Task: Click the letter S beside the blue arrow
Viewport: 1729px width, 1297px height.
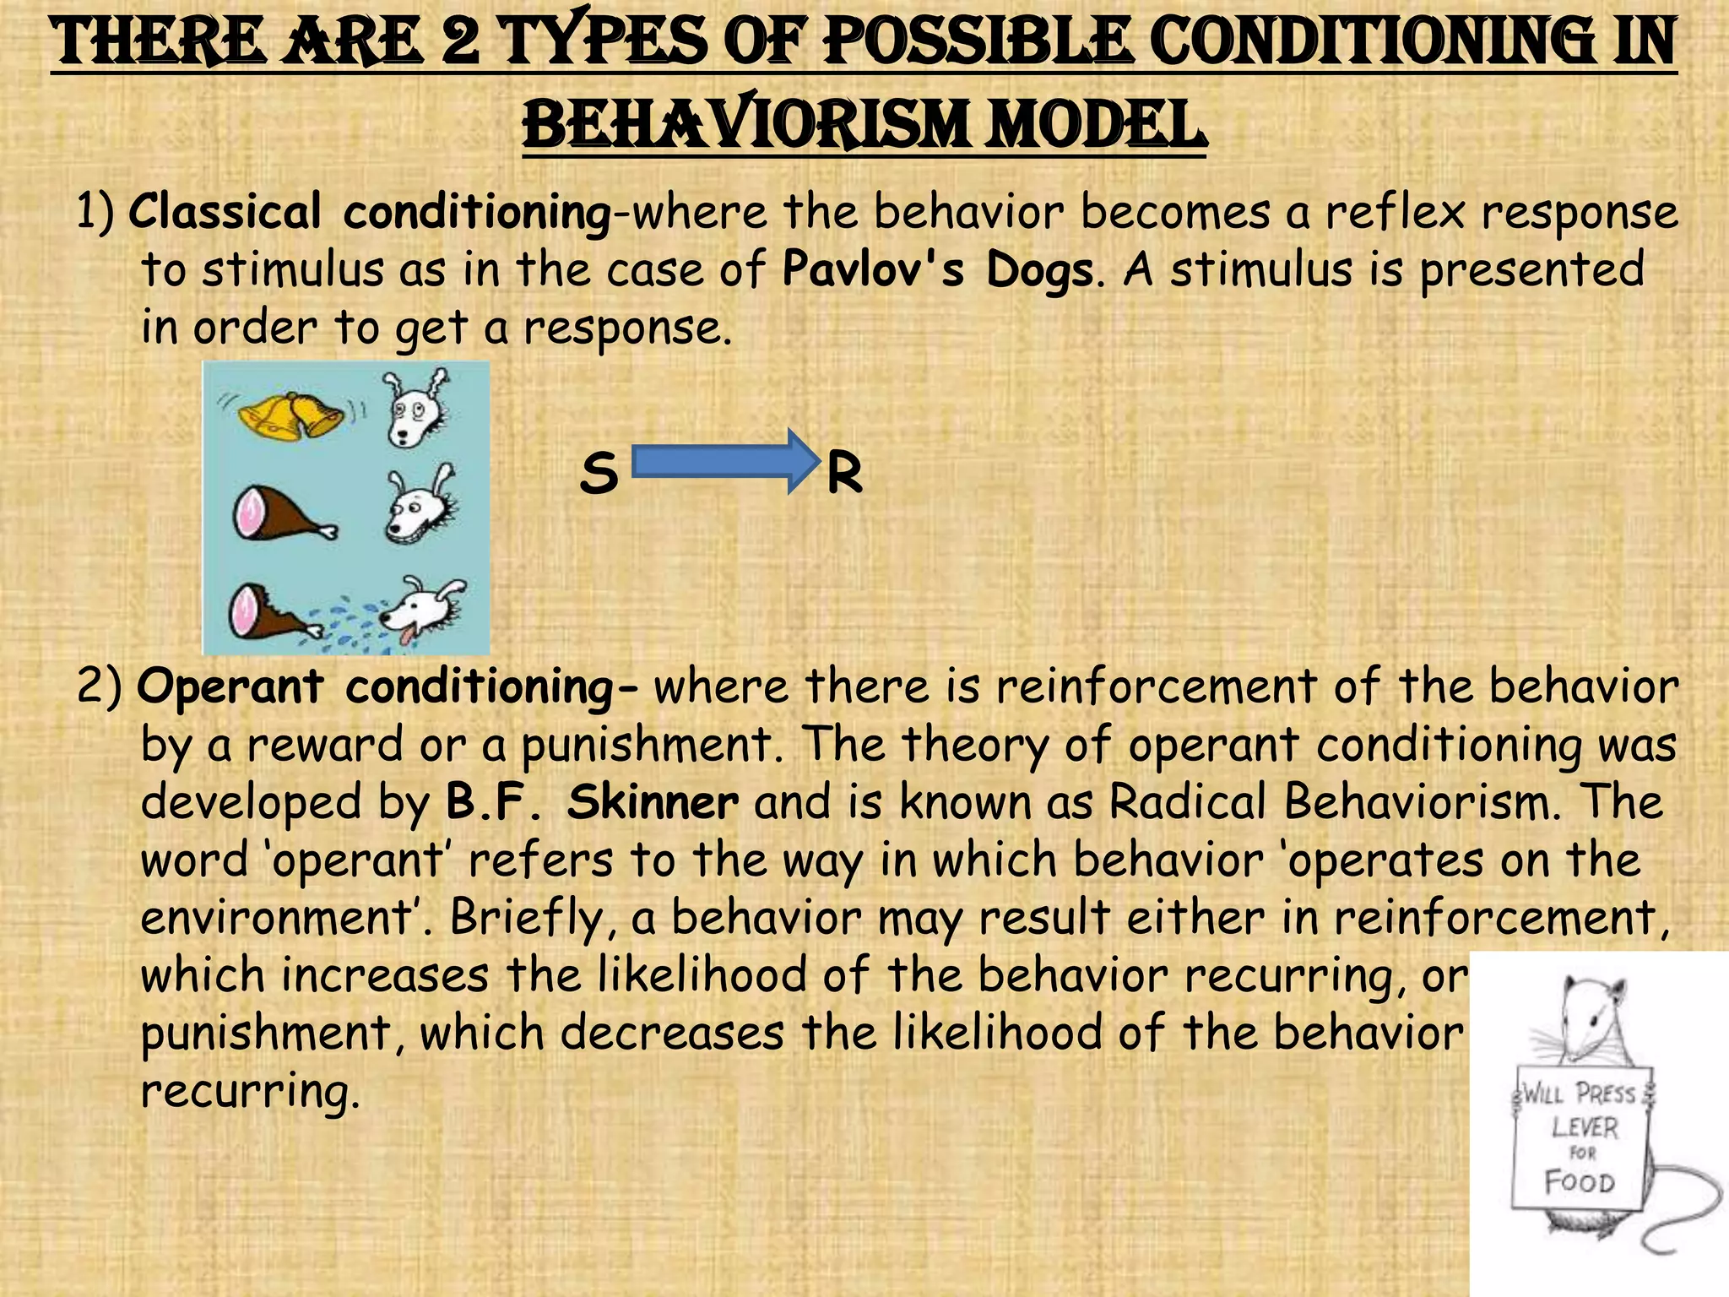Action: [x=599, y=474]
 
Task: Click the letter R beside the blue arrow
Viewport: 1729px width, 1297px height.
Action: [x=844, y=474]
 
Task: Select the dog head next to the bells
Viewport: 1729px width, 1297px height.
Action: [x=416, y=408]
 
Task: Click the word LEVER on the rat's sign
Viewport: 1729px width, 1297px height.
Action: [x=1585, y=1127]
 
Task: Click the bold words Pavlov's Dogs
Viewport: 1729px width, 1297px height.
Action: [x=938, y=270]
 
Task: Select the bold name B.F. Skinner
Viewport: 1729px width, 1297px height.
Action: [x=592, y=802]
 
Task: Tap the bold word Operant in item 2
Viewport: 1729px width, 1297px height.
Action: [x=230, y=686]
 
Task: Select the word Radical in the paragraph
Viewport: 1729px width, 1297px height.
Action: [x=1187, y=802]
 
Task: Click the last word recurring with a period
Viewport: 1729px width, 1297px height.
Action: [x=250, y=1092]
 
